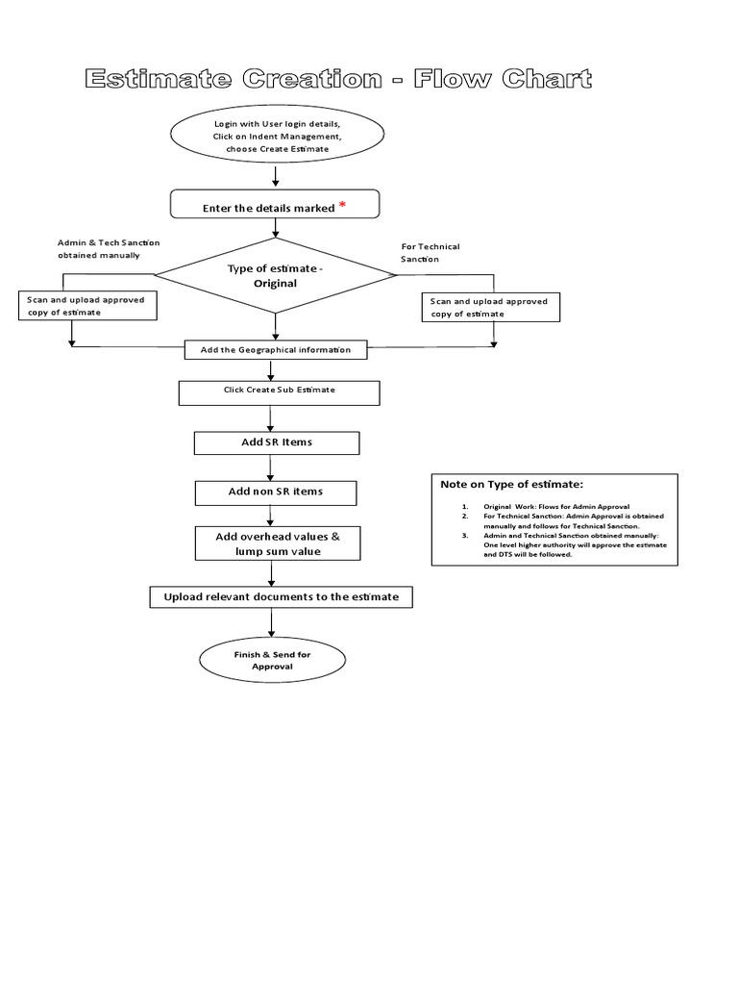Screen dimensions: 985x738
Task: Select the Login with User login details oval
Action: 277,137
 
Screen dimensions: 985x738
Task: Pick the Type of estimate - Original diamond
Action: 276,276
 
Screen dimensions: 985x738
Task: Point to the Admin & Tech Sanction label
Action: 108,248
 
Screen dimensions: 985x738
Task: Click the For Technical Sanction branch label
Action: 430,253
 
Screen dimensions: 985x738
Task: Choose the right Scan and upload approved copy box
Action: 490,308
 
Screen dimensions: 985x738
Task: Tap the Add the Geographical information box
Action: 276,350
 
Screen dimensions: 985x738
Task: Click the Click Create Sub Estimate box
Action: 279,392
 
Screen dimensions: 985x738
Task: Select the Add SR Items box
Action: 277,442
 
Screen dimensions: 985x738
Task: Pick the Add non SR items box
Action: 276,492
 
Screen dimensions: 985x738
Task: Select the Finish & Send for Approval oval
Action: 272,660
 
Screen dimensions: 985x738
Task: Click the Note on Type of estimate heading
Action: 512,485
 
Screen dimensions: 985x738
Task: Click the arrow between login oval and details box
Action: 277,177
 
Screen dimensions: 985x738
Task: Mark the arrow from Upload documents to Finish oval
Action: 273,623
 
